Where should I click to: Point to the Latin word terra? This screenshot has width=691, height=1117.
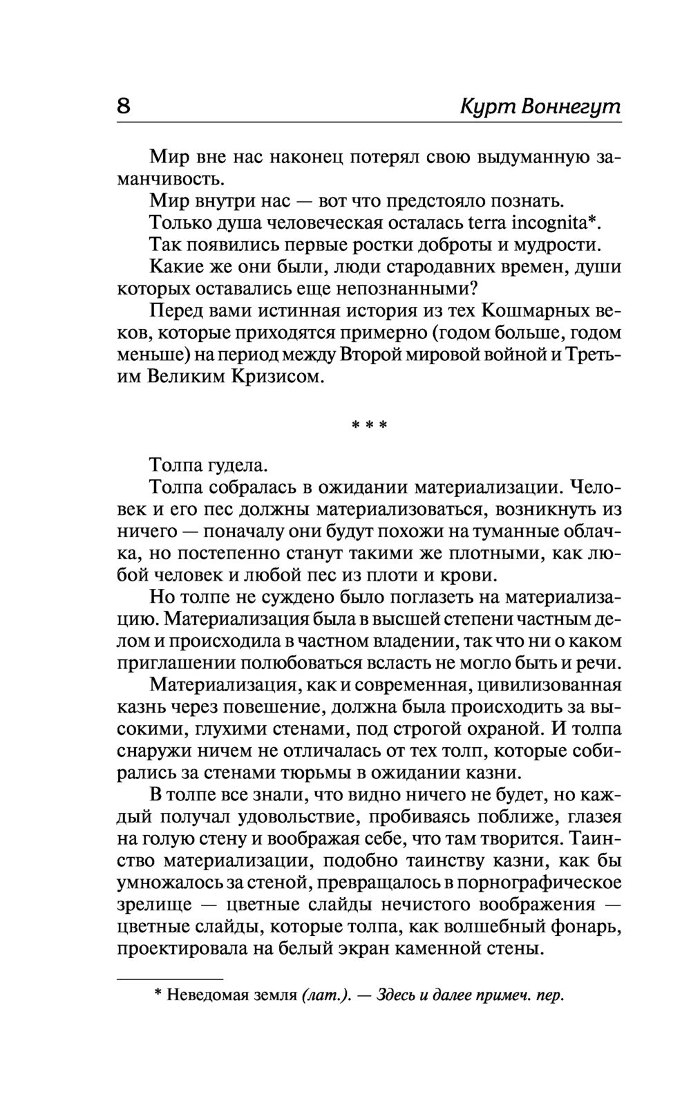click(x=486, y=223)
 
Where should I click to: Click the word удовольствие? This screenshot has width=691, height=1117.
click(x=298, y=817)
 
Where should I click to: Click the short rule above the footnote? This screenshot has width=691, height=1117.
click(x=170, y=979)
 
